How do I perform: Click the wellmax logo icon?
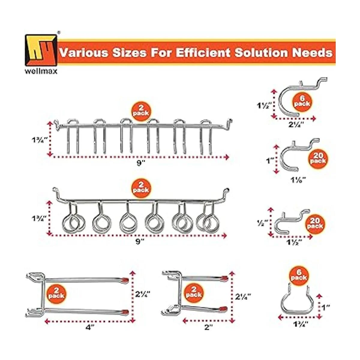click(x=41, y=50)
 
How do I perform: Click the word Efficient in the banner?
click(x=203, y=53)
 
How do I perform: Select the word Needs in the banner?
click(x=312, y=53)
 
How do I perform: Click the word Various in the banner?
click(x=84, y=53)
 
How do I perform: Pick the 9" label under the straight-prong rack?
click(x=140, y=163)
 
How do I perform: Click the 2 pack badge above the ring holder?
click(x=141, y=188)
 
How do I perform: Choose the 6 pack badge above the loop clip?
click(x=299, y=278)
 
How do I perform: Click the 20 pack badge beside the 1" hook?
click(x=318, y=158)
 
